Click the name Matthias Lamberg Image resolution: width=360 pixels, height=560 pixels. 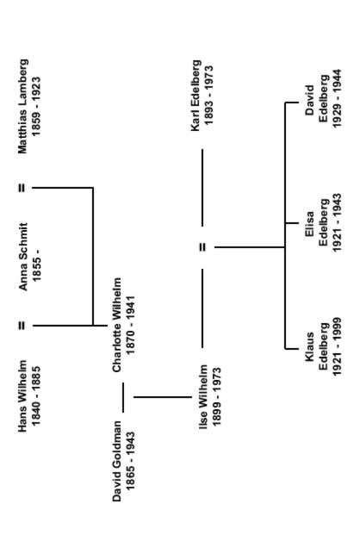pos(23,107)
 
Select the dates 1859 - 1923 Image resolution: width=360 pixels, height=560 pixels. pos(36,107)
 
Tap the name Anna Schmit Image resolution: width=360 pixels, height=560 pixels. pos(23,257)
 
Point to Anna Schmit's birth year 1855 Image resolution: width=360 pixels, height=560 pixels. pos(36,271)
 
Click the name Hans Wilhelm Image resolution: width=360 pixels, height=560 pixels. pos(22,395)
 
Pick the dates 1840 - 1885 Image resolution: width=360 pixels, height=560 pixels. pos(36,395)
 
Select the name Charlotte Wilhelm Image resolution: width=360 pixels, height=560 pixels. pos(117,325)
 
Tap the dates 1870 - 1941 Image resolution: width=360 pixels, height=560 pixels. pos(131,325)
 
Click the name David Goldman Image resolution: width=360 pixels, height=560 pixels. pos(117,461)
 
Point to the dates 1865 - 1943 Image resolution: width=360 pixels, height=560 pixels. pos(131,461)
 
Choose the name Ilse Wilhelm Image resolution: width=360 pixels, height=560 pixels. pos(203,396)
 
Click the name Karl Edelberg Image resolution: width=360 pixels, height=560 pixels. pos(196,96)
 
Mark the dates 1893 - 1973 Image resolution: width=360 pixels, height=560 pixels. pos(209,96)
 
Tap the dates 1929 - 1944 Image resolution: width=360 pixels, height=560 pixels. pos(337,98)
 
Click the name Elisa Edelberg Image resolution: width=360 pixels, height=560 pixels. pos(317,223)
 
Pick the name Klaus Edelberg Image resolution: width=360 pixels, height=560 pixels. pos(317,347)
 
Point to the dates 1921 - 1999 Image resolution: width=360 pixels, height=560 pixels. pos(337,346)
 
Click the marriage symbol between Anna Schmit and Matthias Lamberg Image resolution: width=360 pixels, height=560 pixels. pos(22,188)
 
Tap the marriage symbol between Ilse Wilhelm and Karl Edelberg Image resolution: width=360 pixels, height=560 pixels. pos(202,246)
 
